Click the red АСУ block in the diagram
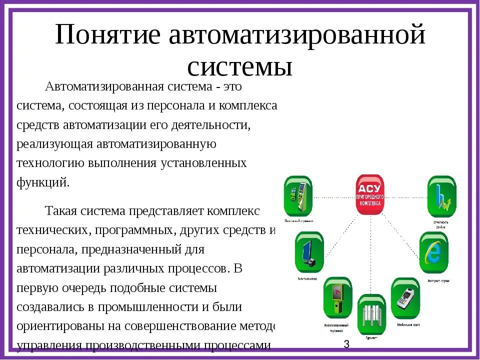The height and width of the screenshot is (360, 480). (369, 194)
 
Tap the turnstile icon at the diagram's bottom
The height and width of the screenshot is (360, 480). (370, 314)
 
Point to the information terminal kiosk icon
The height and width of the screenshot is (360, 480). (337, 298)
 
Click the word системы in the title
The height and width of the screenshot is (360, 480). (239, 65)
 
